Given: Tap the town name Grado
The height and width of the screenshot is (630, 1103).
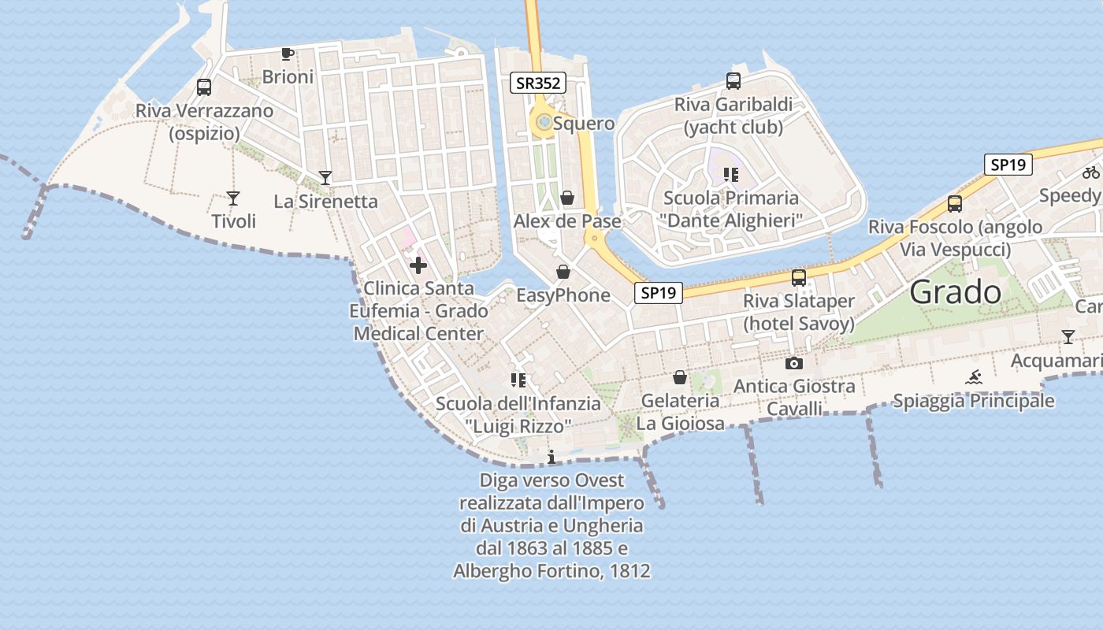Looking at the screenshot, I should (955, 293).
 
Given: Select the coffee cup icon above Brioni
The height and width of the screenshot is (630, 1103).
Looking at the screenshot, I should (288, 54).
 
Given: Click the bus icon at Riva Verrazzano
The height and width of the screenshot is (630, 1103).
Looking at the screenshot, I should (204, 87).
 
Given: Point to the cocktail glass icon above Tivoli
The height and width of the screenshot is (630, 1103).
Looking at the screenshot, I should (233, 198).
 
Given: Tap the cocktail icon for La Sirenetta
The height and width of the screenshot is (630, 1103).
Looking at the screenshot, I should (325, 177).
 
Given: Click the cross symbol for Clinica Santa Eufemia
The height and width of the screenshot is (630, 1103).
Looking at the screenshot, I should (418, 265).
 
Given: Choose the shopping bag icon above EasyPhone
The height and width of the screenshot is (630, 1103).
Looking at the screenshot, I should (563, 272).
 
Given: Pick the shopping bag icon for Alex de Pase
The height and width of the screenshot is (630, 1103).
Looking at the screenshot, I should (567, 198).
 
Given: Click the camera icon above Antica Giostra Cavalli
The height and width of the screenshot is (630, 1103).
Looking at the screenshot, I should (794, 363).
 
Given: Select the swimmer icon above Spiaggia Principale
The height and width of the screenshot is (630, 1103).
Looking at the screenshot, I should (974, 377).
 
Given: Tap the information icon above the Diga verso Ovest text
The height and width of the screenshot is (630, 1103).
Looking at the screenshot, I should (551, 457).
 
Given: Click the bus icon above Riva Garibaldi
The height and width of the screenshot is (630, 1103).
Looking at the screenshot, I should (733, 80).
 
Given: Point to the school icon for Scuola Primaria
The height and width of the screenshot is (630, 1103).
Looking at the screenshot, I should (730, 174).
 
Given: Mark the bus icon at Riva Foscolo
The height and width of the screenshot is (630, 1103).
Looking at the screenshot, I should (955, 203).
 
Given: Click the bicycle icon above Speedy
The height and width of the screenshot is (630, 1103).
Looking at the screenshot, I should (1091, 172).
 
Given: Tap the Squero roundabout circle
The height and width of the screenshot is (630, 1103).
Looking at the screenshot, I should (543, 122).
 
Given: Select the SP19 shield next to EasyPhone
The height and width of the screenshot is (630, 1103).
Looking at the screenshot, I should (658, 293).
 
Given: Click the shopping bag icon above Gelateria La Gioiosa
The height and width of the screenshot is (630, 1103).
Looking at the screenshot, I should (680, 378).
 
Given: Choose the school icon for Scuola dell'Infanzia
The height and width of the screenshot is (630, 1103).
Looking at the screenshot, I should (518, 381).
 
